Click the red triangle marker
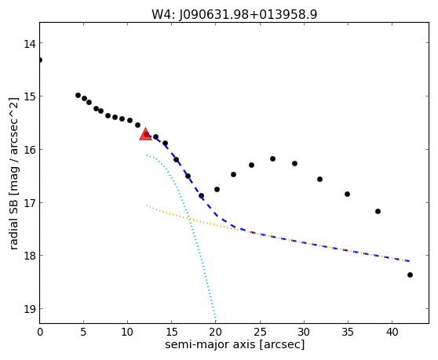click(x=145, y=134)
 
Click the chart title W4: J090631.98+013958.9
click(x=235, y=14)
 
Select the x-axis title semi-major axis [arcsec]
click(x=235, y=344)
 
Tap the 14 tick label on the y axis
click(x=29, y=44)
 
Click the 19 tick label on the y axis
click(x=29, y=309)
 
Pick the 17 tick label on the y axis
click(x=29, y=203)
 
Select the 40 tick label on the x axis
click(x=392, y=332)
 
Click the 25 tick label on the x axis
click(x=260, y=332)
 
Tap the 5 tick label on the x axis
click(x=83, y=332)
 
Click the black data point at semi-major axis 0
click(x=40, y=60)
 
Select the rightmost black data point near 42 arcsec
click(x=410, y=275)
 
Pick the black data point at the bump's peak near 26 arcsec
click(x=272, y=158)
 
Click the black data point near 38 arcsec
click(x=378, y=211)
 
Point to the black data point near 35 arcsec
click(x=347, y=194)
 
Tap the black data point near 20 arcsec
click(x=217, y=189)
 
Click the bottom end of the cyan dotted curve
click(x=215, y=321)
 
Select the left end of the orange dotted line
click(x=147, y=205)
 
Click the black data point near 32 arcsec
click(x=319, y=179)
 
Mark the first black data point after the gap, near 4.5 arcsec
click(x=78, y=95)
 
